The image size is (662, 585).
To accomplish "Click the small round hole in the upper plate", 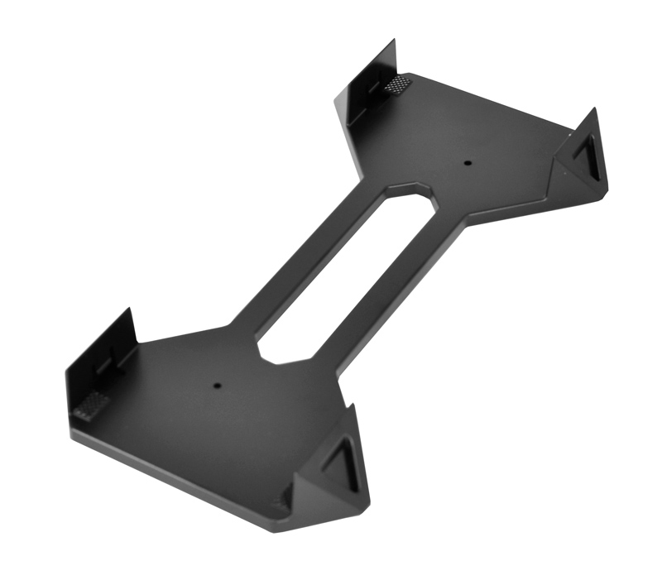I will (466, 163).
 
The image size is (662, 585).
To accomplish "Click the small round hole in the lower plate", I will (215, 385).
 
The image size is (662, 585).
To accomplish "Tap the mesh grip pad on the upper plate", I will (400, 84).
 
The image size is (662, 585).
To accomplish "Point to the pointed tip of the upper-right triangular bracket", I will (593, 110).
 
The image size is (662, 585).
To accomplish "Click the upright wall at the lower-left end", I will (99, 356).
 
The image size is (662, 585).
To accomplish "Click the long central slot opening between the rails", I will (343, 273).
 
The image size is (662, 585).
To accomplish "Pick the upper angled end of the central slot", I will (407, 192).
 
